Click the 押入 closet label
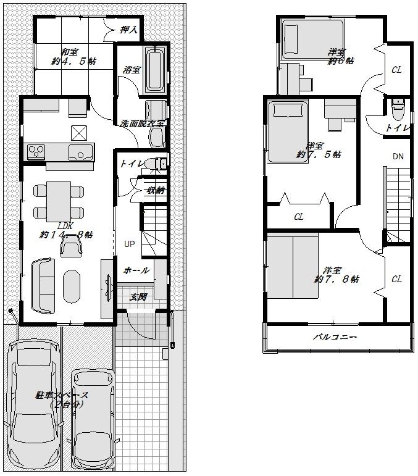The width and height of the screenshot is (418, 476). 128,29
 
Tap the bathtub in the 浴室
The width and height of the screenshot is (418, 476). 155,71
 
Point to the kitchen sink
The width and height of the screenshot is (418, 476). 80,152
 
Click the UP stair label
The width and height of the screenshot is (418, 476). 129,244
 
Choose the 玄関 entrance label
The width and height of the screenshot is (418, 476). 138,297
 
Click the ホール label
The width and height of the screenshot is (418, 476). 136,270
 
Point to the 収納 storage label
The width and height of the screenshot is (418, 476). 155,190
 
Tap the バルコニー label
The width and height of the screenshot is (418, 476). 335,338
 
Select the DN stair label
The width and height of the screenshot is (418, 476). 398,156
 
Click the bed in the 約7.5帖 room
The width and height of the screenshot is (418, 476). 287,132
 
